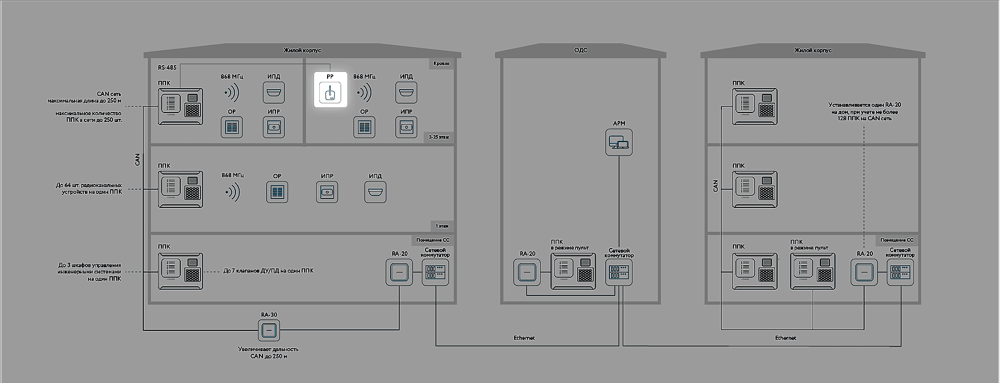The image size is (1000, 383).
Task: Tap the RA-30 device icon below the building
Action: point(269,330)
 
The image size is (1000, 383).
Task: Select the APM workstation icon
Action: point(619,142)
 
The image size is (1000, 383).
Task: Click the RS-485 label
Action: point(167,68)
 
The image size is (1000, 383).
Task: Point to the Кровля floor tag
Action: point(441,64)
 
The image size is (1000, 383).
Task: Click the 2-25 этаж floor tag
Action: point(439,137)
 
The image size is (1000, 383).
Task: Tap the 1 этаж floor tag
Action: point(442,226)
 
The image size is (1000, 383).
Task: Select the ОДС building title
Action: point(581,50)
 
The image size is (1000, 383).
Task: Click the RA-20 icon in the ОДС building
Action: point(527,272)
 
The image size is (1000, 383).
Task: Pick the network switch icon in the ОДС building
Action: point(619,272)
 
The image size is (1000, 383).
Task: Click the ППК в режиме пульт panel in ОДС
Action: point(573,271)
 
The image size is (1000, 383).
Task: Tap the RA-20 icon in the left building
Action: point(399,272)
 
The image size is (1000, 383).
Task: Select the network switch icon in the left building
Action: point(435,272)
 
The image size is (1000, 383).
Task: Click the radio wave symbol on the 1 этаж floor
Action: point(232,192)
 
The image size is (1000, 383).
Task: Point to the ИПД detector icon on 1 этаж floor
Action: point(375,192)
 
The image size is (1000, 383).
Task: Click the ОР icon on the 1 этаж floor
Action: point(277,192)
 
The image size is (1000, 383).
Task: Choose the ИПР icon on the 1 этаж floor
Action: point(327,192)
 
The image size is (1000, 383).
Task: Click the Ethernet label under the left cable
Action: point(524,338)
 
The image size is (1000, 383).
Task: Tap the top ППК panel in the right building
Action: point(755,106)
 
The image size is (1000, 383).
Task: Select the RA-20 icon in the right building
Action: point(864,272)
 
